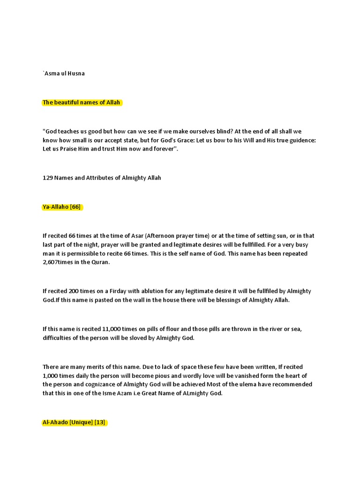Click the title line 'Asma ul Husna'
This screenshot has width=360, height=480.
(64, 74)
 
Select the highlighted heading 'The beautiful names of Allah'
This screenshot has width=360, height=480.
(82, 102)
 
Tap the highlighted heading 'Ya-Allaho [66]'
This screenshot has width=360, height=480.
(62, 207)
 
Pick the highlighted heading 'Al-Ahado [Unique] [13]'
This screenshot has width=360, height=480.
(74, 422)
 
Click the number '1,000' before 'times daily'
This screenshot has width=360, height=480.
(52, 375)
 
